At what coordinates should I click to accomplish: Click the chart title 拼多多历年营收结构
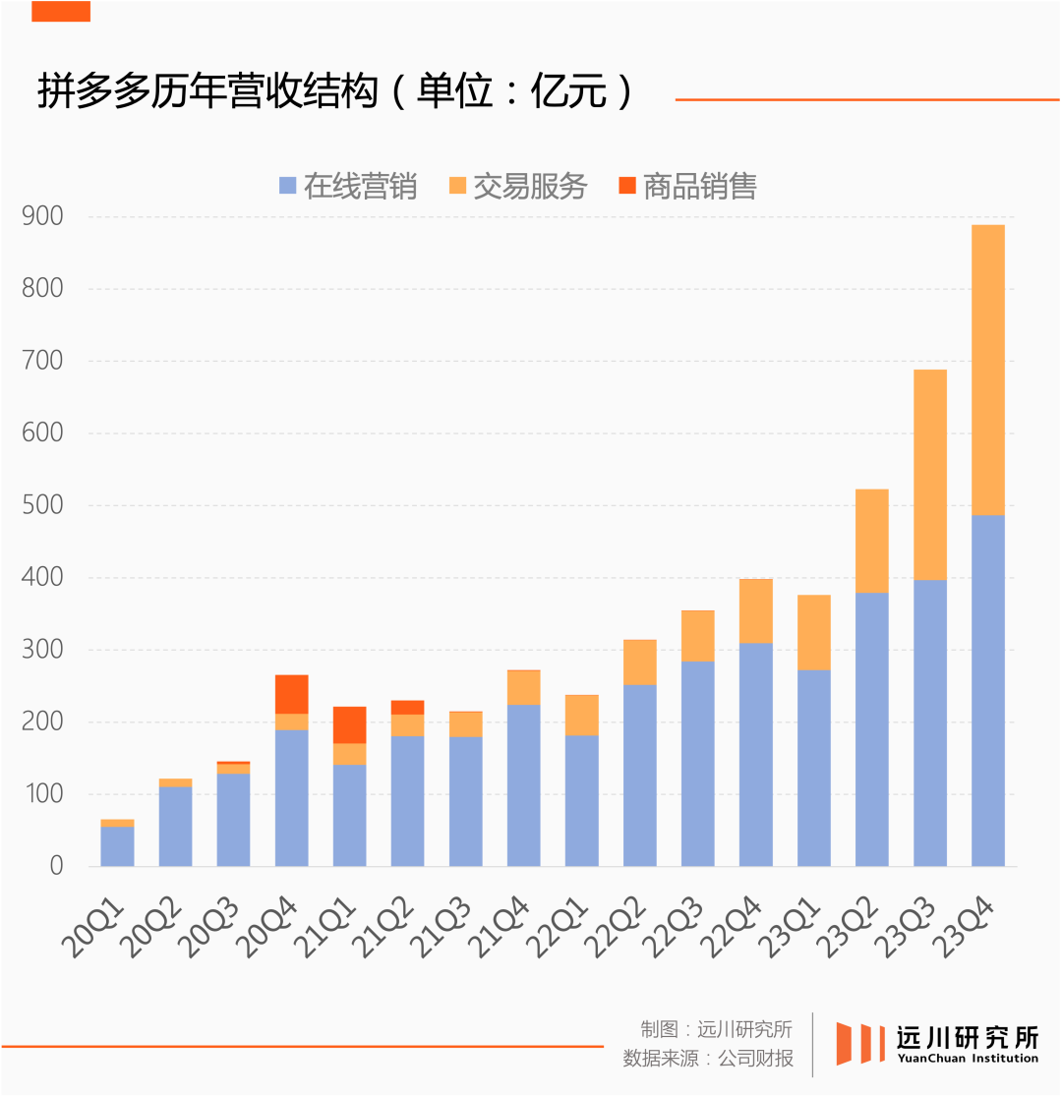206,92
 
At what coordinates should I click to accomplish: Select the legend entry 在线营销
348,186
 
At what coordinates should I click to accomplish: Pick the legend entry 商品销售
687,186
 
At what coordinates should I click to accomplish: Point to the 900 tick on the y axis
42,216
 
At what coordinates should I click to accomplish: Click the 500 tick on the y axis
42,505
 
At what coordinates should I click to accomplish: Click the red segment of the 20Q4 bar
291,694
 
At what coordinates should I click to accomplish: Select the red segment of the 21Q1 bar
349,724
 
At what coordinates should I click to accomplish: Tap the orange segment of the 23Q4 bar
987,370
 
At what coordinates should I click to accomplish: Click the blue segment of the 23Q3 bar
929,722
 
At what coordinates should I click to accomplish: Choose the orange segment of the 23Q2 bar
871,541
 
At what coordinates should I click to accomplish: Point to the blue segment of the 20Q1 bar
117,846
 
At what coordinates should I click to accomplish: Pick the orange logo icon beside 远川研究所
855,1043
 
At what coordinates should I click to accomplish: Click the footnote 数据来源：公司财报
708,1059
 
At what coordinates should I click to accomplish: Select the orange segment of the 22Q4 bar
755,610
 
